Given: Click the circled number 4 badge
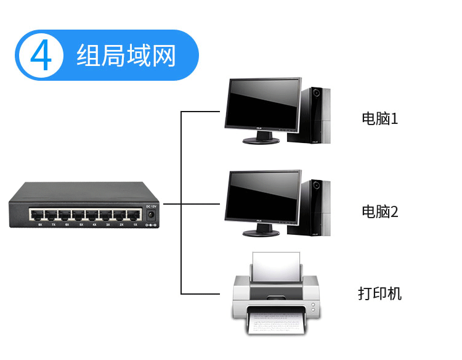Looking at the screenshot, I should [x=41, y=55].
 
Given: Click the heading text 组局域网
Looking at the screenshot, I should [x=126, y=55].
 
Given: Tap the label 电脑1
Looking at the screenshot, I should [x=379, y=118].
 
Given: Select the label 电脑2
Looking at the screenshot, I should [x=379, y=212].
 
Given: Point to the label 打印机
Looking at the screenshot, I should [x=379, y=293].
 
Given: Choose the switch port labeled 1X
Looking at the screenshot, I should [x=134, y=215].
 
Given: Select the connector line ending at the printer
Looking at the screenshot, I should [x=200, y=293].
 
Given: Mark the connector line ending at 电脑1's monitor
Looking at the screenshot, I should [x=200, y=112].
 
